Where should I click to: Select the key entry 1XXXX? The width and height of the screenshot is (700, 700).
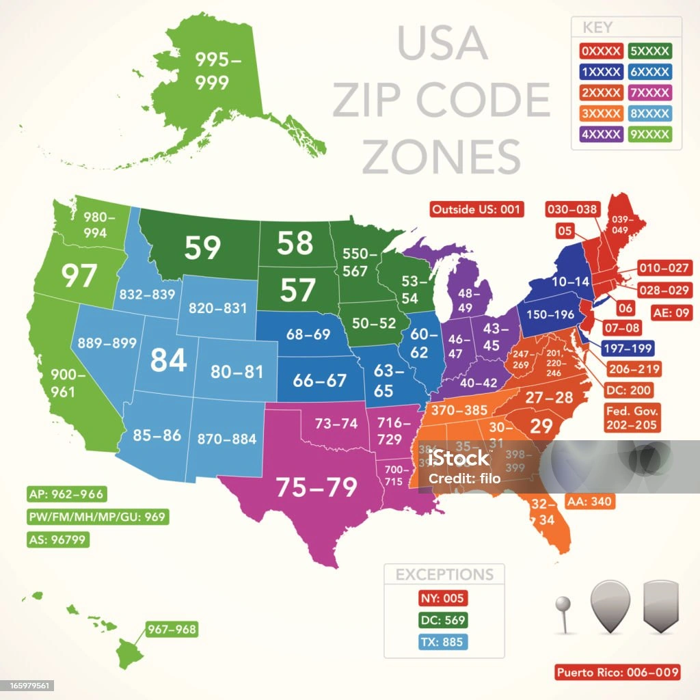click(601, 71)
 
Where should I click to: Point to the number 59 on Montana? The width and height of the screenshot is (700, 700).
click(202, 248)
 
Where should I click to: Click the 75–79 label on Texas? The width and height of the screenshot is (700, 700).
click(316, 487)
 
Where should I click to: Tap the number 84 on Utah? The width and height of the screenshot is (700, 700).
click(168, 360)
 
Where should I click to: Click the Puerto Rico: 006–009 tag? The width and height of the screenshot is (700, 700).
click(617, 672)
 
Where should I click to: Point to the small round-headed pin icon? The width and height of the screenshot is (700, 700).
click(562, 606)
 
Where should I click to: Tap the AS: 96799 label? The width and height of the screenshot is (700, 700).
click(58, 539)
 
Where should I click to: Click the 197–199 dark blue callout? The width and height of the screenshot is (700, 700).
click(627, 348)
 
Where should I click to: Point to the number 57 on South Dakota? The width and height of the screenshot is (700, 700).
click(297, 291)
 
